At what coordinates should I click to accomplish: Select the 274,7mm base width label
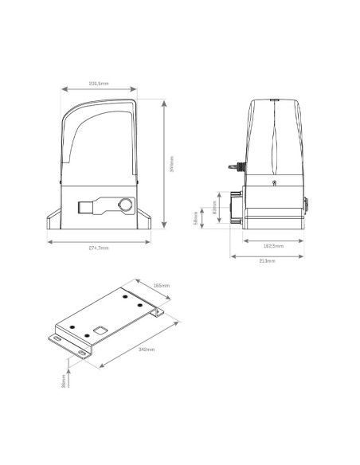pos(99,247)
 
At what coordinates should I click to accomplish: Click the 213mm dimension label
pos(268,261)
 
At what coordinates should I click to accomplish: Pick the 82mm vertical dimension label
pos(215,211)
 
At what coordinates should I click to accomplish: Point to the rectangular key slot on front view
pos(86,208)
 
